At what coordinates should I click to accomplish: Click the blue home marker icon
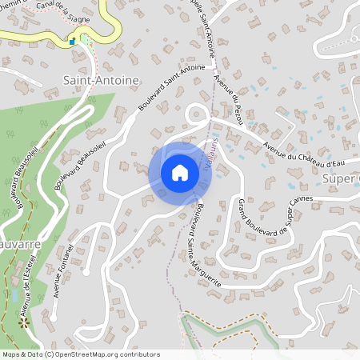click(x=180, y=173)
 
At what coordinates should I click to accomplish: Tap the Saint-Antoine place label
click(x=101, y=80)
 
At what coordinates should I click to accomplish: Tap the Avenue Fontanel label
click(x=62, y=273)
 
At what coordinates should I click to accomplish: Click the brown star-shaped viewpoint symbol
click(x=24, y=322)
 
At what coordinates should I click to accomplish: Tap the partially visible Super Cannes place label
click(x=342, y=178)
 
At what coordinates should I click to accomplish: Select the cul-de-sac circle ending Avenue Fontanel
click(x=86, y=271)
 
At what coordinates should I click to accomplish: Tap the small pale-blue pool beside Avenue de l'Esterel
click(x=14, y=295)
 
